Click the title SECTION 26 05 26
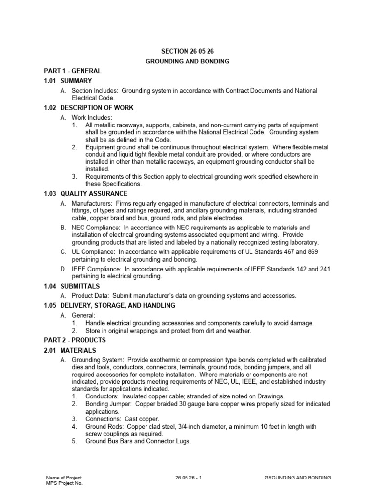pyautogui.click(x=188, y=51)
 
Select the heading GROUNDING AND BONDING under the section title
pyautogui.click(x=188, y=62)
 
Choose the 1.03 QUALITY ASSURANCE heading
pyautogui.click(x=84, y=194)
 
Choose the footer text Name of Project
pyautogui.click(x=64, y=478)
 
